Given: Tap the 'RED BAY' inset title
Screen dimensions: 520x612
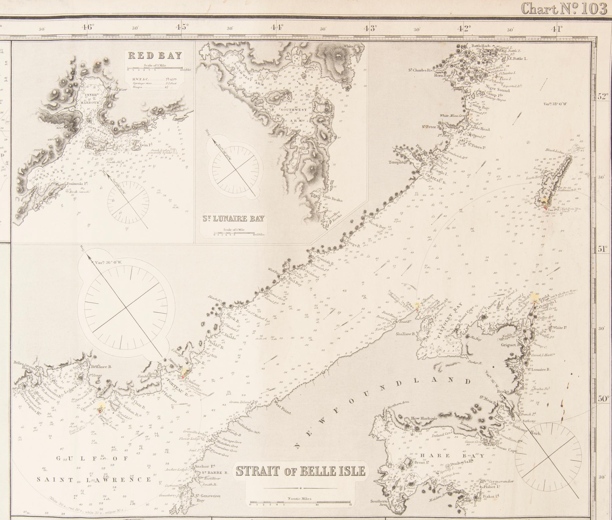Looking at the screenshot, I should pyautogui.click(x=155, y=56).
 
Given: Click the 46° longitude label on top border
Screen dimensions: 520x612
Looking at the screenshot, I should pyautogui.click(x=87, y=28).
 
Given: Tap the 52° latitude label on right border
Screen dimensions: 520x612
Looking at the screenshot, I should pyautogui.click(x=602, y=105).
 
